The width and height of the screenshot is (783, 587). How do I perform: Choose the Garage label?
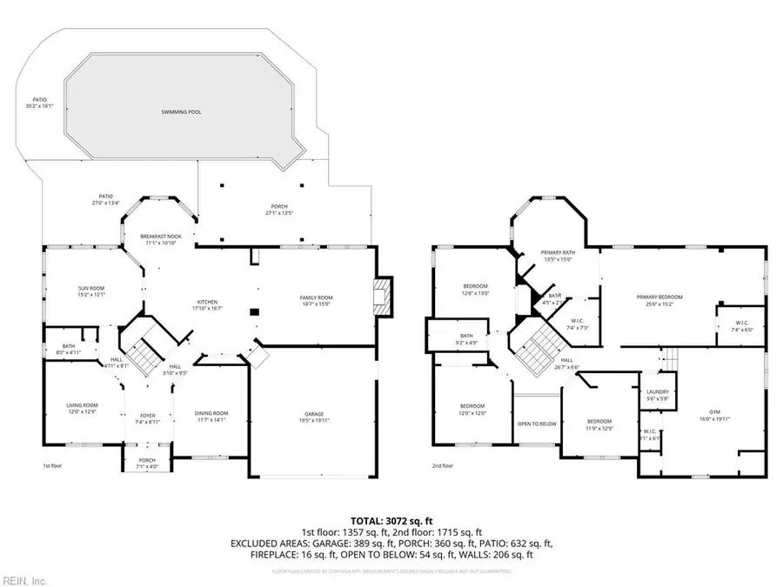(x=316, y=412)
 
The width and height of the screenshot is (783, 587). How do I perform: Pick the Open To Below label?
(x=537, y=424)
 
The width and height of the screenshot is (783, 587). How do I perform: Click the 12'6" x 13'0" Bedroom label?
(x=475, y=289)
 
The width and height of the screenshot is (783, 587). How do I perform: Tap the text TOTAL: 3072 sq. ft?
(x=391, y=518)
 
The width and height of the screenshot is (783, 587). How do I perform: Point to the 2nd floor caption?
(x=443, y=466)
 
